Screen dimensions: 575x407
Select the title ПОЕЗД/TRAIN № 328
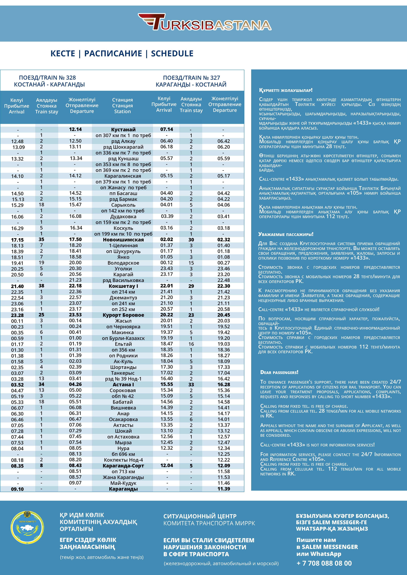pyautogui.click(x=47, y=78)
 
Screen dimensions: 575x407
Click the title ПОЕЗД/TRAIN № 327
pyautogui.click(x=192, y=78)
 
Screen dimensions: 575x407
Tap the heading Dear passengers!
pyautogui.click(x=279, y=372)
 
